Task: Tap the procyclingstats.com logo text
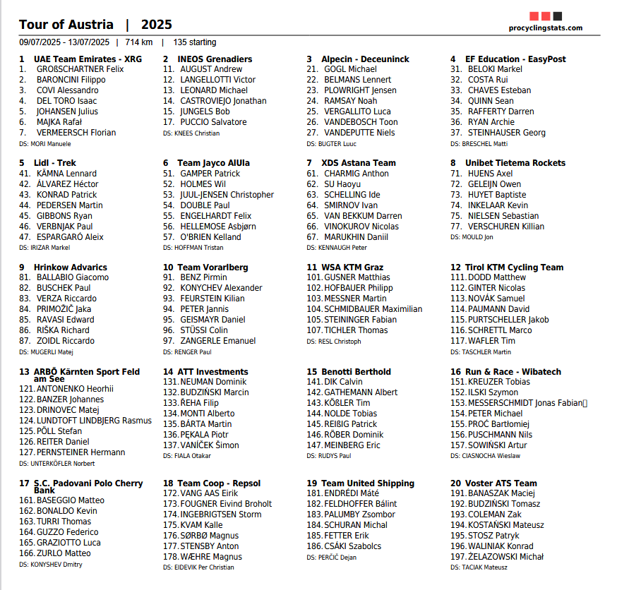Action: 546,28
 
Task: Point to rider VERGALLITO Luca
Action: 357,112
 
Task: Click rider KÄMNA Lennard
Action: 66,174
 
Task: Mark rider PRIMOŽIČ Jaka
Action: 64,309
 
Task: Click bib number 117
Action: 458,341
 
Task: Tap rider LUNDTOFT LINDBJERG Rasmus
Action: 94,421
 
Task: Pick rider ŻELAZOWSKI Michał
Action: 505,557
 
